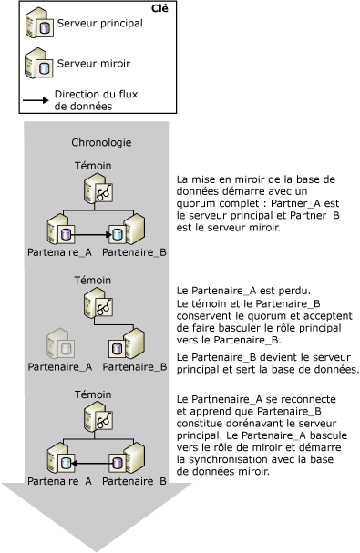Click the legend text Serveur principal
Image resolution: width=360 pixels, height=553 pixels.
(x=100, y=23)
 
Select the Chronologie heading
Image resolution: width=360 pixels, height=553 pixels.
(x=100, y=143)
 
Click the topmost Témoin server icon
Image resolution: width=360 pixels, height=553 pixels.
(x=98, y=190)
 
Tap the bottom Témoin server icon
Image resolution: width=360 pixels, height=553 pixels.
(x=98, y=420)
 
